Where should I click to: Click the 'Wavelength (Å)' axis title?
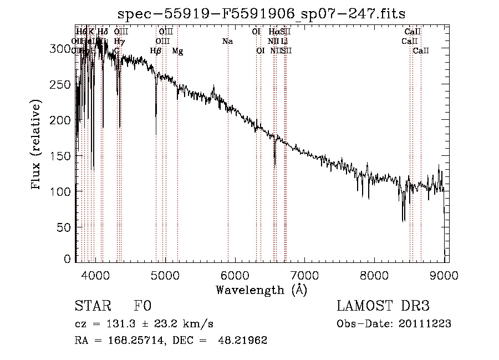[261, 290]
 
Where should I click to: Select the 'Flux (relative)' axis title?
[37, 145]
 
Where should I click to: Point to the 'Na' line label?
[227, 41]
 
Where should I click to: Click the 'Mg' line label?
[177, 51]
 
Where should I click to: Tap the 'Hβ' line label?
[156, 51]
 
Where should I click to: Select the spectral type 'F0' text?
[142, 306]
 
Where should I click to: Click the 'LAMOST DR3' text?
[383, 306]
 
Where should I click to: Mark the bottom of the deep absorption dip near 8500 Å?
[403, 221]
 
